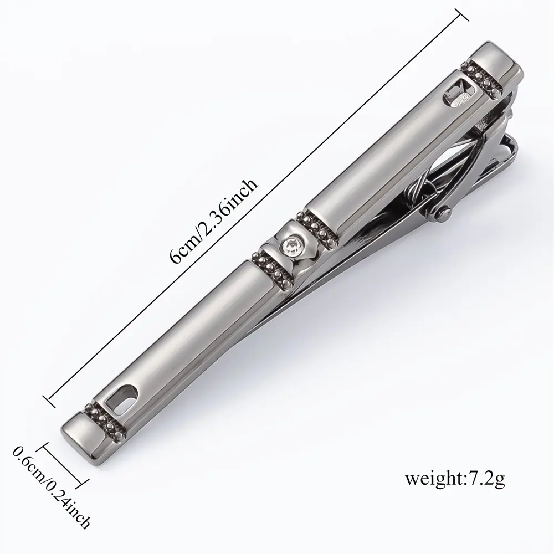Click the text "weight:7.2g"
coord(455,479)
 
